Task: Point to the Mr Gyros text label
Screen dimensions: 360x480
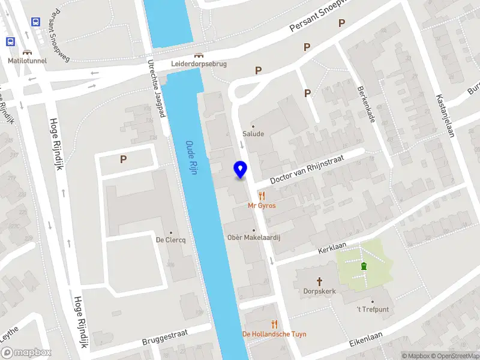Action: [262, 205]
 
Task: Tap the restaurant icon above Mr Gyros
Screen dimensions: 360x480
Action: [262, 195]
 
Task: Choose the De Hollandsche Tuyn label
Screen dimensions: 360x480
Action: [274, 334]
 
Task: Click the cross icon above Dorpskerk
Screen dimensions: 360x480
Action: [319, 281]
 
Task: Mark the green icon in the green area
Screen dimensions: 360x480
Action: [363, 266]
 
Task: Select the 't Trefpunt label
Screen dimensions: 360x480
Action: [373, 309]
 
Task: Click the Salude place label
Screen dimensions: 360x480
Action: [253, 134]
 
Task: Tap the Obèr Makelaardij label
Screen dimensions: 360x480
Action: [254, 238]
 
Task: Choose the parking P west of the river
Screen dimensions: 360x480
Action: [124, 160]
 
